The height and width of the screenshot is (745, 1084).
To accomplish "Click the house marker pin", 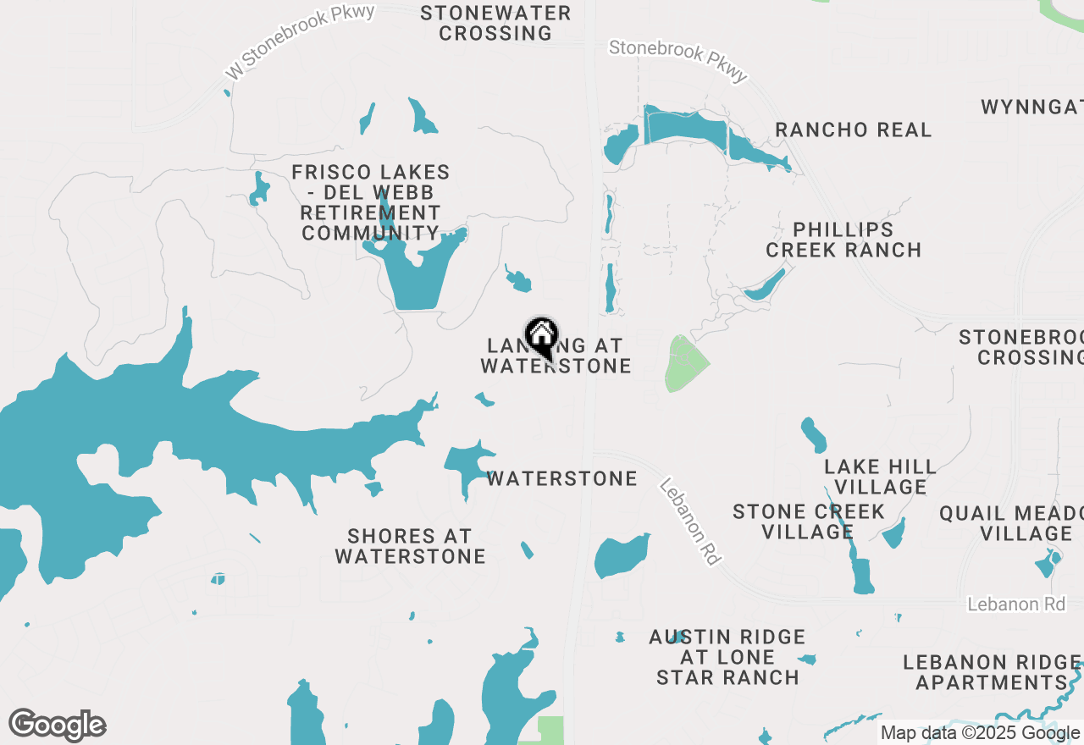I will pyautogui.click(x=541, y=338).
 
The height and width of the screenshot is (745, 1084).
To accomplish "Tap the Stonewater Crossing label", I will pyautogui.click(x=495, y=23).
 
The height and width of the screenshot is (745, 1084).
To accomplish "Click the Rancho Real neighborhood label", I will pyautogui.click(x=854, y=130).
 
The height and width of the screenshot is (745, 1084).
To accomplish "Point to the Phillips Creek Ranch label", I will pyautogui.click(x=843, y=240).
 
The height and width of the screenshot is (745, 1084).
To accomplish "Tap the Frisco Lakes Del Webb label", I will pyautogui.click(x=371, y=202).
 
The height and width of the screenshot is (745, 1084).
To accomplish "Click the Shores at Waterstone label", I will pyautogui.click(x=410, y=546).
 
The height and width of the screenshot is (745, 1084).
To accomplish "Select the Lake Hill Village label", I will pyautogui.click(x=881, y=477).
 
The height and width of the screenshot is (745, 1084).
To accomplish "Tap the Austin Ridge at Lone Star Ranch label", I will pyautogui.click(x=727, y=657).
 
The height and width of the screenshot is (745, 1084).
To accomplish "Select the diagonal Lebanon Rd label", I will pyautogui.click(x=689, y=522).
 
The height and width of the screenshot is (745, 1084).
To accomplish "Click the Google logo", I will pyautogui.click(x=57, y=726).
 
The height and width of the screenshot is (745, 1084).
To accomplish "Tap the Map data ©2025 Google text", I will pyautogui.click(x=980, y=733).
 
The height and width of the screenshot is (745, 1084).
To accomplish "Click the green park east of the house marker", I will pyautogui.click(x=685, y=364).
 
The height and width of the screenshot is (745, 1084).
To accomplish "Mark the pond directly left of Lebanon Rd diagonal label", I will pyautogui.click(x=622, y=556).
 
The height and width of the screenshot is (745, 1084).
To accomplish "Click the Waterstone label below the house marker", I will pyautogui.click(x=562, y=478).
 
